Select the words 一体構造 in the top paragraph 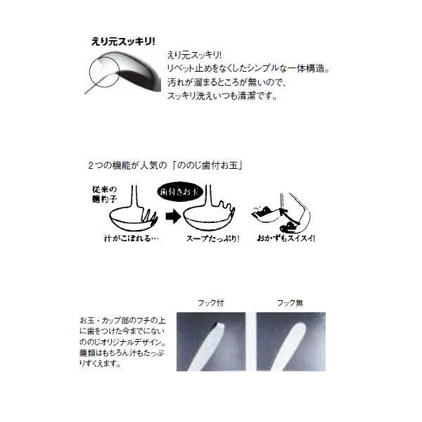309,69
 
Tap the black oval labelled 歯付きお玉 185,191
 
